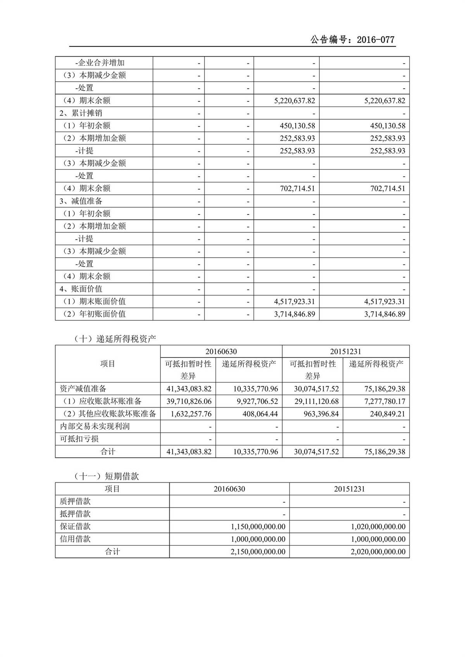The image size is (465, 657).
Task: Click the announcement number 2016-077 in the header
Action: pos(375,40)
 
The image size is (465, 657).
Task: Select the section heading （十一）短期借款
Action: pos(106,476)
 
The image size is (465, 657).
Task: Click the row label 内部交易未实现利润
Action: pos(95,427)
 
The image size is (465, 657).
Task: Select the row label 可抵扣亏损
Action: pos(79,439)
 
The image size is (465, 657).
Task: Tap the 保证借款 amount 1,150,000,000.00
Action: pos(258,527)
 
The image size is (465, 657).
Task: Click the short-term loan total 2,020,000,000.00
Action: pos(378,552)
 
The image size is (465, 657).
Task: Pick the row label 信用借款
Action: pos(75,539)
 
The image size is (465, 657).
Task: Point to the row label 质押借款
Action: pos(75,502)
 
